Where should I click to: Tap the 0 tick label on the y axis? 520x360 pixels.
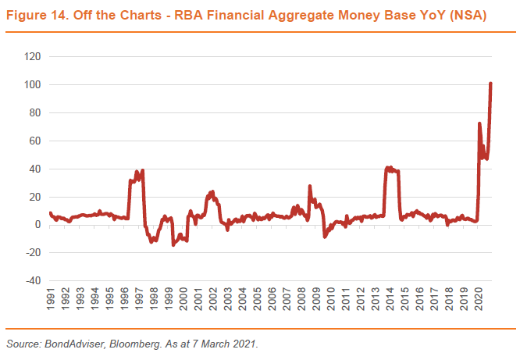[36, 225]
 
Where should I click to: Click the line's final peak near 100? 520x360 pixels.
[490, 83]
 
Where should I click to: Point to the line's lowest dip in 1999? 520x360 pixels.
[173, 244]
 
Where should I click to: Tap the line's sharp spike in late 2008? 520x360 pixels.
[310, 187]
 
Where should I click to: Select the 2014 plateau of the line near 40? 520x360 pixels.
[392, 169]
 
